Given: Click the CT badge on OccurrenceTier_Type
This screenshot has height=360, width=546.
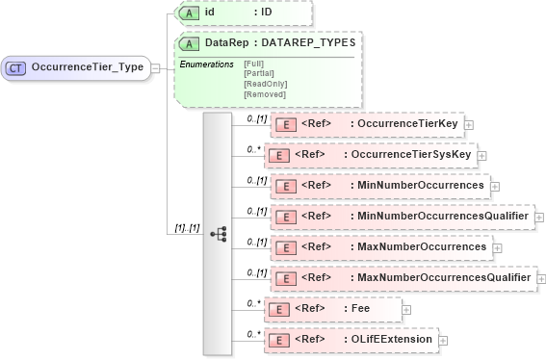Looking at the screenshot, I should click(x=16, y=68).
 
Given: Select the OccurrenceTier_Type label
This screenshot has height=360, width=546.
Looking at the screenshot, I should click(x=87, y=68).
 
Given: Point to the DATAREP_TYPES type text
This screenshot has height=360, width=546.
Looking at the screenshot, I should click(x=308, y=43).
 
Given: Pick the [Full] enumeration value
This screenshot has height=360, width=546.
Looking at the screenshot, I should click(x=255, y=64).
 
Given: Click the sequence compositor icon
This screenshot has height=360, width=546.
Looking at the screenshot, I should click(x=218, y=233).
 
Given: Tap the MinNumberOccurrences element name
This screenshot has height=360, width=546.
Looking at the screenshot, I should click(x=421, y=186).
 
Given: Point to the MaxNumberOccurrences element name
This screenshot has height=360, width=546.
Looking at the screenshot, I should click(x=422, y=247).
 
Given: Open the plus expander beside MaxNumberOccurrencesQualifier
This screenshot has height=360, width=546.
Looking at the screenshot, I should click(x=540, y=278).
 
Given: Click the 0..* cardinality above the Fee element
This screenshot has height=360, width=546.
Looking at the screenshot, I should click(x=253, y=302).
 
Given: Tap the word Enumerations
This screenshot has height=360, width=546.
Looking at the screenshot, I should click(x=206, y=64).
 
